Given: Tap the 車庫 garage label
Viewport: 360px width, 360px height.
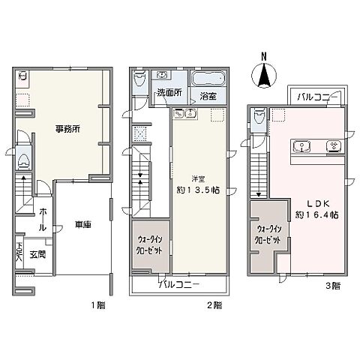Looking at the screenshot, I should [82, 223].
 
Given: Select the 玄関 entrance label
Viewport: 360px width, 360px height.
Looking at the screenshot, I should [38, 254].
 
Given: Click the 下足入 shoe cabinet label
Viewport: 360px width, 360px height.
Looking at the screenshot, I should [19, 250].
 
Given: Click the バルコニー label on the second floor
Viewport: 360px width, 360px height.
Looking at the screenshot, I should [178, 285].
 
